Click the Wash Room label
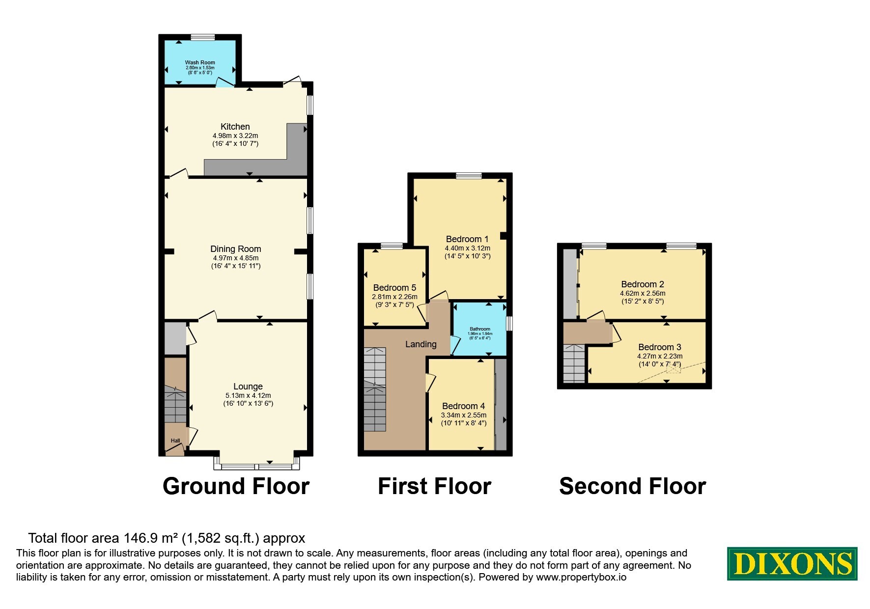(200, 62)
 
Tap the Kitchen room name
(235, 127)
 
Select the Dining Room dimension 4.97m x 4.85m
(236, 258)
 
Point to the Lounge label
(248, 387)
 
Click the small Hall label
(175, 441)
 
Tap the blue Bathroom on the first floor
(480, 329)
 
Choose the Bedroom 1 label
(468, 239)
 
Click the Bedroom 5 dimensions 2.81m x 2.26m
(395, 297)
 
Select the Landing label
(421, 344)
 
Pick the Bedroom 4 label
(464, 406)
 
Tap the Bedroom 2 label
(643, 284)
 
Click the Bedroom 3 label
(660, 347)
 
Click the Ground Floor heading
(236, 486)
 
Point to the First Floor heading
(434, 486)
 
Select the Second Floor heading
(633, 486)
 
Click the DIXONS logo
(792, 564)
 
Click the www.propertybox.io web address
(581, 578)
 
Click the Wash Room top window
(203, 37)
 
